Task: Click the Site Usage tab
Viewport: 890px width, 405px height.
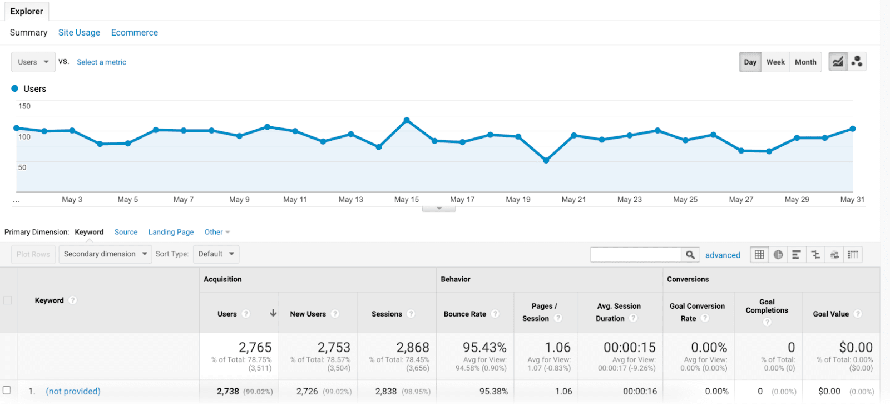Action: tap(79, 33)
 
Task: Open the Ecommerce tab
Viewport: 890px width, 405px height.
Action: tap(134, 33)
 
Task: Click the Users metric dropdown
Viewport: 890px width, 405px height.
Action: tap(33, 62)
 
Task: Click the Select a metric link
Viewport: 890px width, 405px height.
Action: tap(101, 62)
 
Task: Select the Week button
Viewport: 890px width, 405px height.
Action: tap(775, 62)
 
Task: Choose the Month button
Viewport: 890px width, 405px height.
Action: tap(805, 62)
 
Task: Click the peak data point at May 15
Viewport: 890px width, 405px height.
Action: tap(407, 120)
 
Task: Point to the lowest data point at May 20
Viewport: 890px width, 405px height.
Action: tap(546, 161)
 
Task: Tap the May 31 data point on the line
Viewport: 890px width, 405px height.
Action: tap(853, 129)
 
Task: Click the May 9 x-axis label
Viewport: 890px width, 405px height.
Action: tap(239, 200)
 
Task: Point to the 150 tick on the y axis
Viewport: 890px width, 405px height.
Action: tap(24, 106)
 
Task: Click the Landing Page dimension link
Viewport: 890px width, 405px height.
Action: tap(171, 232)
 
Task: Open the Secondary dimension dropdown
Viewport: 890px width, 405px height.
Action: tap(105, 254)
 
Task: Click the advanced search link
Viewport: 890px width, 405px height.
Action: tap(723, 255)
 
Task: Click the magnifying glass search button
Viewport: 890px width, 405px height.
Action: tap(690, 255)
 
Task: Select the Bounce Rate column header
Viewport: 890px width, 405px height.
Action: tap(465, 314)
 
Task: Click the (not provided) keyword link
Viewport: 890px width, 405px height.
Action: tap(73, 391)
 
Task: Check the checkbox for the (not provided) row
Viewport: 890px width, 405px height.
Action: tap(7, 391)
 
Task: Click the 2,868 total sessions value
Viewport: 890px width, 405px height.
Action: tap(413, 348)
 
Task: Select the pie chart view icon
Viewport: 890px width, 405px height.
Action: tap(778, 255)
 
